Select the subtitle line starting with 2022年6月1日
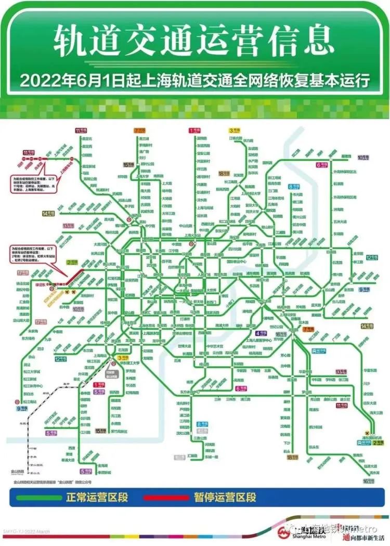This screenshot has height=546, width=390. [x=194, y=82]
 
